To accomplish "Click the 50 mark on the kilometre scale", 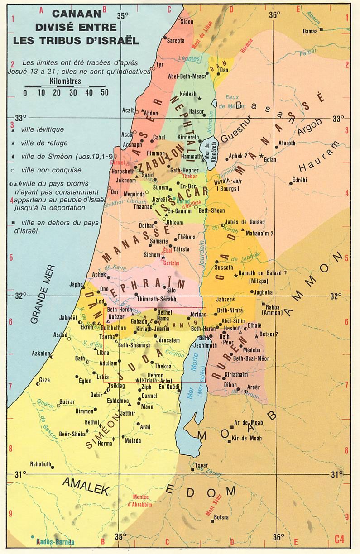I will [105, 93].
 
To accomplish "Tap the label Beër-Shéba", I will [73, 434].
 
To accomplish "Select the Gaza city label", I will [44, 380].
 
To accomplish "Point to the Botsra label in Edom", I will [221, 517].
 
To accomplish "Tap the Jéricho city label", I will [197, 314].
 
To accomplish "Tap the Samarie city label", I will [158, 242].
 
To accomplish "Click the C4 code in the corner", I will [339, 539].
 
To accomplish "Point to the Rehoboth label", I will [41, 464].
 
